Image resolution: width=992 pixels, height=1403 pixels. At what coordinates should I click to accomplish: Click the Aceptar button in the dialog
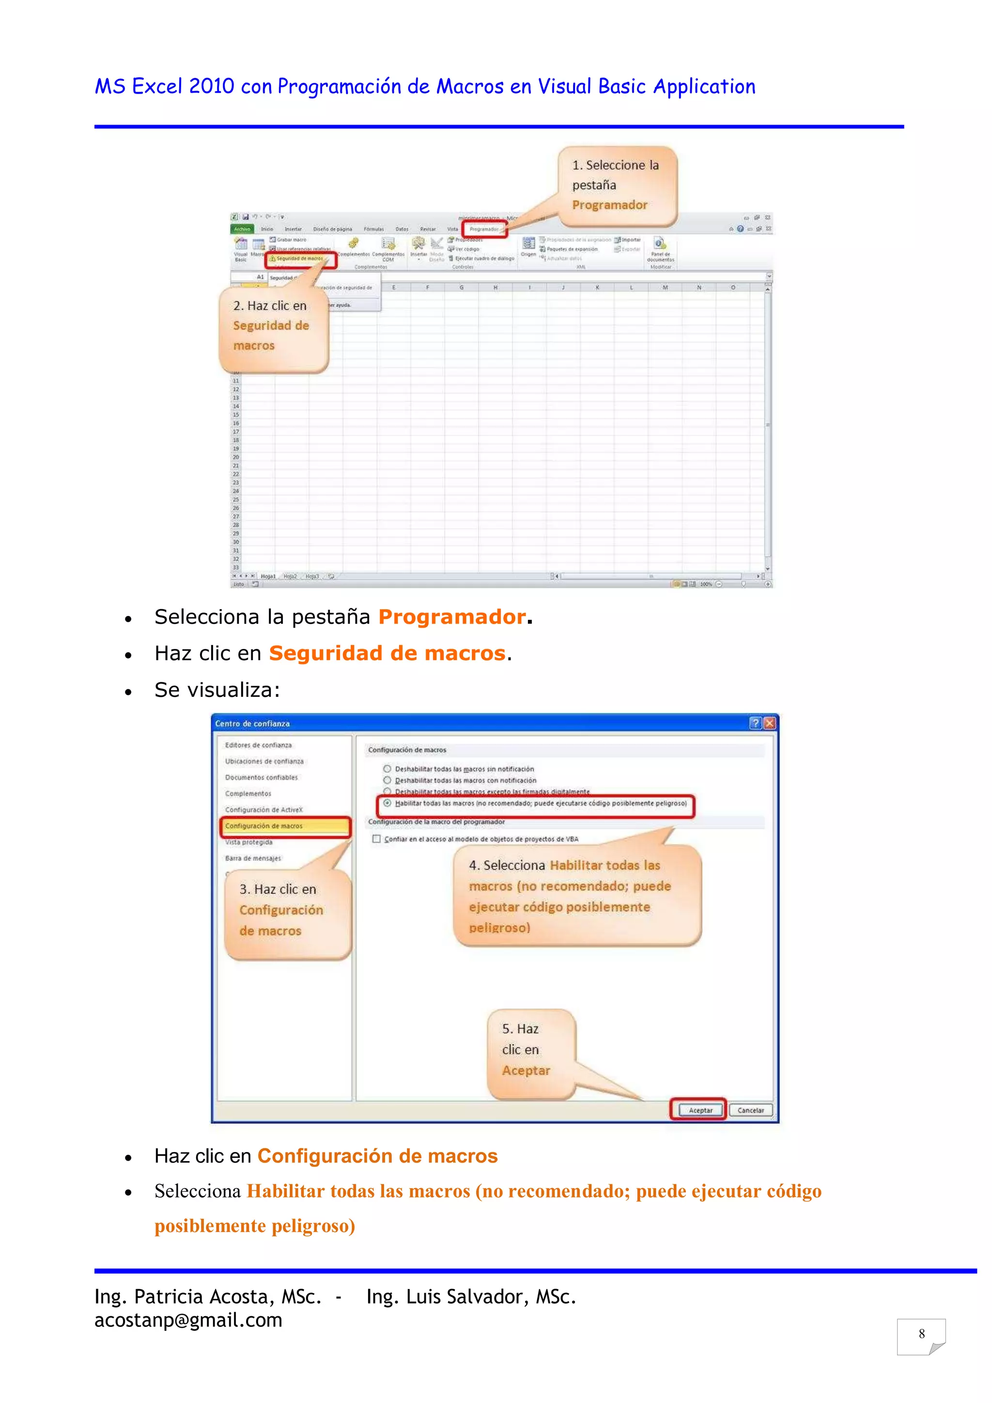[700, 1110]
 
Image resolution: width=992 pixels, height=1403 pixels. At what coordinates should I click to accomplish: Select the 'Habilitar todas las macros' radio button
[387, 803]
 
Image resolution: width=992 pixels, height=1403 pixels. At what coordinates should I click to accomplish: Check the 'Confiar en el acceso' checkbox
[376, 839]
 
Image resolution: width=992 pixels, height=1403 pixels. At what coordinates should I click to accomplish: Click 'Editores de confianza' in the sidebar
[258, 745]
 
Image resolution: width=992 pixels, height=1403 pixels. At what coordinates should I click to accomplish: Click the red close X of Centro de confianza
[770, 724]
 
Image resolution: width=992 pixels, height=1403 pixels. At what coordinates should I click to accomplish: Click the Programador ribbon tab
[484, 229]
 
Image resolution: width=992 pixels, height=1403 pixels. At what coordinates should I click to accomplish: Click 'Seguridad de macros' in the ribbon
[299, 258]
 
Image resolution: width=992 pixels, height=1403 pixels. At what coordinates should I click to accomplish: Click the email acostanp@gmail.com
[188, 1321]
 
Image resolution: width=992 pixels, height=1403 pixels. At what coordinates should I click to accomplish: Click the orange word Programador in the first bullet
[452, 617]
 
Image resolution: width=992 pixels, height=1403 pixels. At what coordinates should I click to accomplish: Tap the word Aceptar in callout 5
[526, 1071]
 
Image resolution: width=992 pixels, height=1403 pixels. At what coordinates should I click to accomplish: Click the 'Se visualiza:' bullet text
[217, 690]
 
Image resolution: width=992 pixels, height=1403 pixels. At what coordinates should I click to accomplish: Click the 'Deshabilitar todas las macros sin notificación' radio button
[387, 769]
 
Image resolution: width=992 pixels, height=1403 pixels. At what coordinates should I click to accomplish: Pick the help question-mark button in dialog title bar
[755, 724]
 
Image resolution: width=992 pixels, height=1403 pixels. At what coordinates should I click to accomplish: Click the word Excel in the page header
[157, 87]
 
